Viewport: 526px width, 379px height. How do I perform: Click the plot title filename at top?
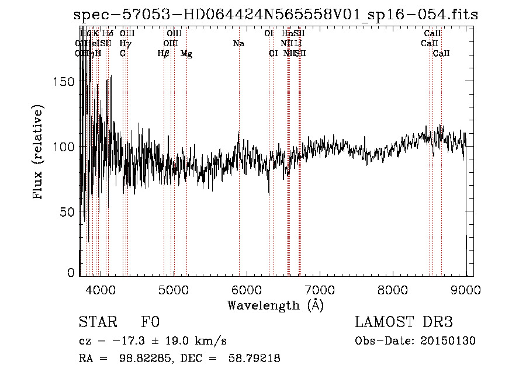(276, 15)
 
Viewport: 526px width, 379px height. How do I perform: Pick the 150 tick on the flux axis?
(65, 82)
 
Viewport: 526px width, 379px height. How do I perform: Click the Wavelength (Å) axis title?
(276, 305)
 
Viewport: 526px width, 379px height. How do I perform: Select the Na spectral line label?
(238, 43)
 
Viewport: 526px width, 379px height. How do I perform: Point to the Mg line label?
(186, 54)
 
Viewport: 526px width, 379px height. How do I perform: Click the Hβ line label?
(164, 54)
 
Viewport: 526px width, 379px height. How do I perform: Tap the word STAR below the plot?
(96, 322)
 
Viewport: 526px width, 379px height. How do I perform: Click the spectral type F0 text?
(150, 322)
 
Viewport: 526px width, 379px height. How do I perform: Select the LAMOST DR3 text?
(404, 322)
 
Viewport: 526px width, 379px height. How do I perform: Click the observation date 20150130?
(450, 341)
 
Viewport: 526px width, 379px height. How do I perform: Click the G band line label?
(123, 54)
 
